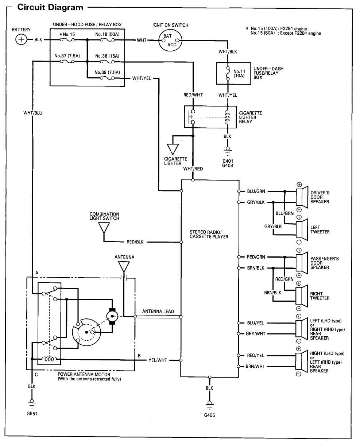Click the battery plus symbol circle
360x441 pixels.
[x=21, y=40]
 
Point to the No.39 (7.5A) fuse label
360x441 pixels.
[x=107, y=72]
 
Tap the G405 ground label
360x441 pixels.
[x=209, y=415]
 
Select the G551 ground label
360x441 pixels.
[x=32, y=414]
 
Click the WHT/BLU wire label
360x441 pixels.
[x=32, y=113]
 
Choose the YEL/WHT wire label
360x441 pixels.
[x=158, y=360]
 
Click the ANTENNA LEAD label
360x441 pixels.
[x=158, y=312]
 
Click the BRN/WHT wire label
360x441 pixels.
[x=255, y=367]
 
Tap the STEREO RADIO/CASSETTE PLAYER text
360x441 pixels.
[x=209, y=235]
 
